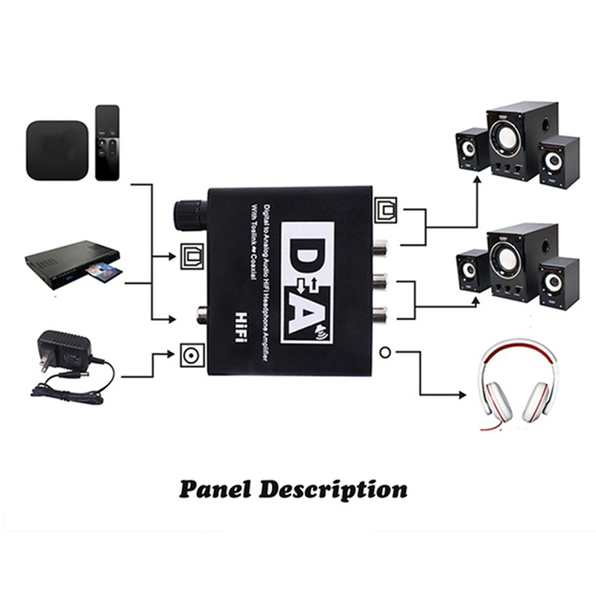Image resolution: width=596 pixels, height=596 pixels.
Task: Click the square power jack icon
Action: [188, 352]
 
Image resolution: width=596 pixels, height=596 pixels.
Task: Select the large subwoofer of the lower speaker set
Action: [510, 262]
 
